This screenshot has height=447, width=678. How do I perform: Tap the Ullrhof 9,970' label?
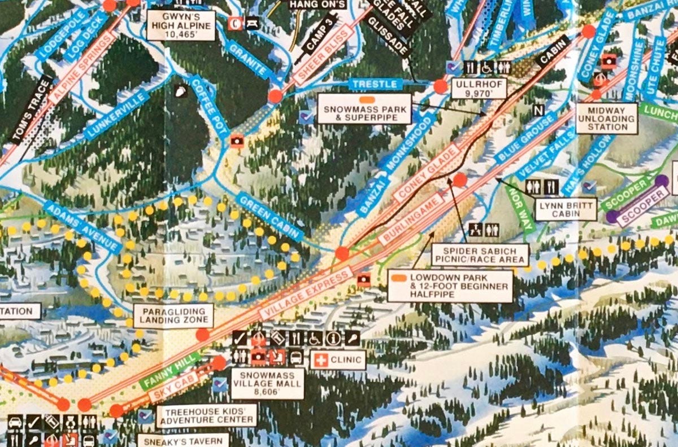(x=479, y=89)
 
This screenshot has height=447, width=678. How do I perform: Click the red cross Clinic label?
(x=338, y=360)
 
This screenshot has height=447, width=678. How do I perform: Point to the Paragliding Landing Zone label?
(x=173, y=315)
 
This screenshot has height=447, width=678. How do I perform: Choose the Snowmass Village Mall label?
(x=268, y=384)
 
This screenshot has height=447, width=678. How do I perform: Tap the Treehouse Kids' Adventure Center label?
(x=207, y=415)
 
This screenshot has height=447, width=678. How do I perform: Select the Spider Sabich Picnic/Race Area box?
(x=480, y=255)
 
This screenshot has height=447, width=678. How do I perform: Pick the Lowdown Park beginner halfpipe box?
(x=450, y=286)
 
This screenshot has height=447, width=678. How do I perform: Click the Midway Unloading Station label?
(x=607, y=119)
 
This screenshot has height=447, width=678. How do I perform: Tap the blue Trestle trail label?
(x=375, y=85)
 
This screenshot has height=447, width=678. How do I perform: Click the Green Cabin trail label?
(x=270, y=217)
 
